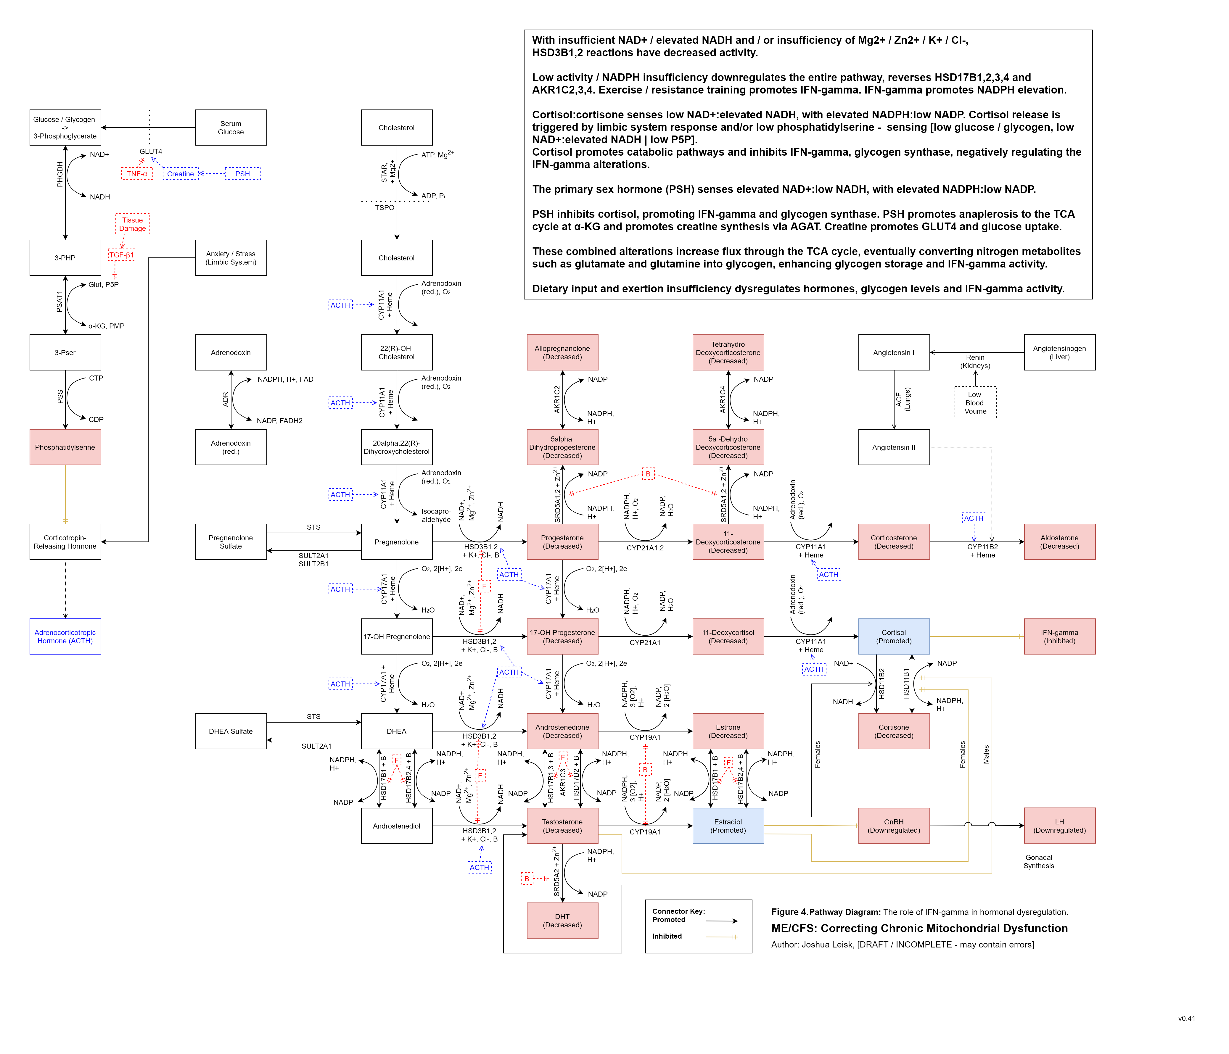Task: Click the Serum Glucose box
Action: click(x=231, y=128)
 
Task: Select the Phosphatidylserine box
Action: click(x=65, y=447)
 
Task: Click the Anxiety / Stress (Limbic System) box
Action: click(x=231, y=258)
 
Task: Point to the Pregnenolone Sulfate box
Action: click(x=231, y=542)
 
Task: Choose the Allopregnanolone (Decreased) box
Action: click(x=562, y=352)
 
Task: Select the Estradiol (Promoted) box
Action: click(x=728, y=826)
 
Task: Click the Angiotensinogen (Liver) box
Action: click(x=1059, y=352)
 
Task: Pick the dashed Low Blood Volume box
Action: click(x=975, y=403)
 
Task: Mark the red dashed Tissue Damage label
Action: click(x=132, y=224)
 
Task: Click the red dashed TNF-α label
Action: click(x=137, y=174)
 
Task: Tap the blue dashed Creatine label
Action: click(x=180, y=174)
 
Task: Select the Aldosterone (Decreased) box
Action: click(x=1059, y=542)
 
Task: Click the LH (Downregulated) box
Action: click(x=1059, y=826)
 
